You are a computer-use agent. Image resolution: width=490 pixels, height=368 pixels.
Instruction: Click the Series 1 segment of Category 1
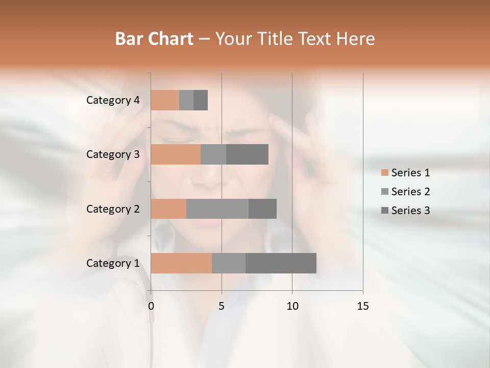click(x=181, y=263)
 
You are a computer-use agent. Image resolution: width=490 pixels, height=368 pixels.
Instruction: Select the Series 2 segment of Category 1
click(x=229, y=263)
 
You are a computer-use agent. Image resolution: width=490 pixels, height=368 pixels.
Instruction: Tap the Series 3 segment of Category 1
click(x=281, y=263)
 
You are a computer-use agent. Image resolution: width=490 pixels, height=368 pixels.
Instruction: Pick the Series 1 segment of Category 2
click(x=168, y=209)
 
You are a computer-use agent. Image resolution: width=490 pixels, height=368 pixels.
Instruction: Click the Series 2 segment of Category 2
click(x=217, y=209)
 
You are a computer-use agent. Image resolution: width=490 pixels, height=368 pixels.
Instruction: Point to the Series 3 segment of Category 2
click(x=262, y=209)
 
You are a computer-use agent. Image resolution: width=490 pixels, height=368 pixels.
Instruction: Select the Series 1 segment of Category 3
click(x=176, y=154)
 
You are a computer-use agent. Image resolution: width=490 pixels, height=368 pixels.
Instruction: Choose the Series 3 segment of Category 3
click(x=247, y=154)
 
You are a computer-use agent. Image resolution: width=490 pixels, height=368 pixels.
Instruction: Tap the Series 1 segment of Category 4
click(x=165, y=100)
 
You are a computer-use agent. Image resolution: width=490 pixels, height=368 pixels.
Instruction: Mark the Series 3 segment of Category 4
click(x=201, y=100)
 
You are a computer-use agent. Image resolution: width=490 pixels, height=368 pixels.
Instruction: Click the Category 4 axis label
click(x=113, y=100)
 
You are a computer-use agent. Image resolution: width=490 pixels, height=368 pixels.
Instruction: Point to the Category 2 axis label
click(x=113, y=209)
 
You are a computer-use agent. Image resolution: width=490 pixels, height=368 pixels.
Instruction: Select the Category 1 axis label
click(x=113, y=263)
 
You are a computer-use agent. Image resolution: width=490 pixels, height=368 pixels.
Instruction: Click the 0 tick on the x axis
click(x=151, y=306)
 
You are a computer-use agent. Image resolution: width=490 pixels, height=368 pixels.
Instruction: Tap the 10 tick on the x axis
click(x=292, y=306)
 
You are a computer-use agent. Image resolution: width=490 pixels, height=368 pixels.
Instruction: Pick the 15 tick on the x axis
click(x=362, y=306)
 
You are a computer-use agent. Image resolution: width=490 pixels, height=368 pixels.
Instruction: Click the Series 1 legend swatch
click(x=384, y=173)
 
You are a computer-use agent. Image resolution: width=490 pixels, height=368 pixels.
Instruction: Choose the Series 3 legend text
click(x=410, y=211)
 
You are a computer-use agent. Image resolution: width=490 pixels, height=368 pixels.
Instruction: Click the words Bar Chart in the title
click(x=154, y=38)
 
